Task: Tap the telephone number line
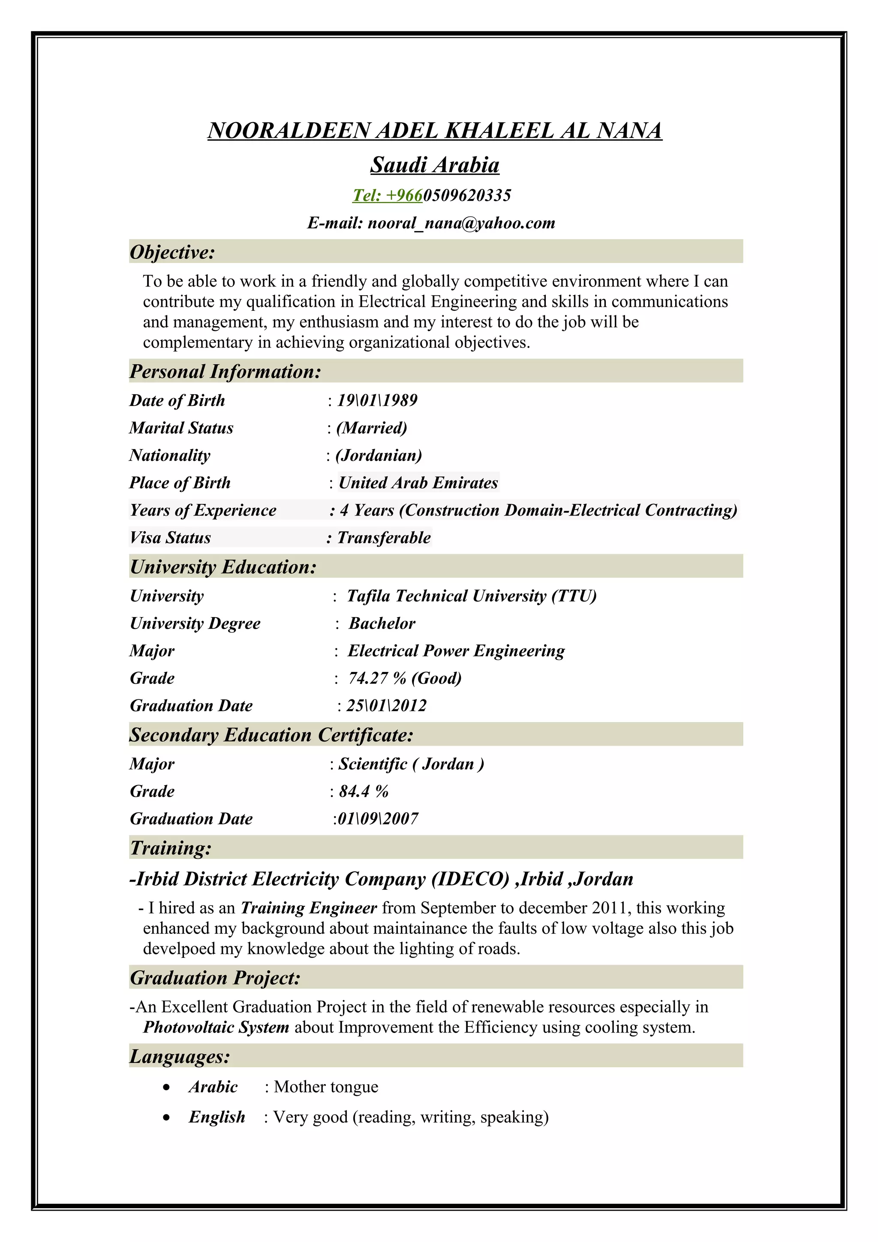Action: click(x=431, y=195)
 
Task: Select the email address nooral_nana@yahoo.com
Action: click(x=461, y=223)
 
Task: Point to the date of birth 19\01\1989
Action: click(x=377, y=400)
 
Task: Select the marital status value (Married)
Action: click(x=372, y=428)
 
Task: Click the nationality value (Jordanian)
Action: click(x=379, y=456)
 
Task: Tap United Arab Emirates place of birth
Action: click(x=418, y=483)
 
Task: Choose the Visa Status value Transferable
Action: click(x=384, y=538)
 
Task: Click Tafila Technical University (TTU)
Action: click(x=471, y=596)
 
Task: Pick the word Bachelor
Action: click(x=382, y=623)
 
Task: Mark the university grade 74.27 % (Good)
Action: click(x=405, y=678)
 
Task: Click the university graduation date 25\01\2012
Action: click(x=386, y=706)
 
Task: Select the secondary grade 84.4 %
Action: click(x=364, y=792)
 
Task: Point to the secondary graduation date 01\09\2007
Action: click(x=377, y=819)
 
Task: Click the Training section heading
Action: click(x=170, y=848)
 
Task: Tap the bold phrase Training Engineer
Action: click(x=308, y=908)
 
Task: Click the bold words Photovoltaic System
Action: click(x=216, y=1027)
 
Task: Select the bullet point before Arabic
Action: click(x=167, y=1087)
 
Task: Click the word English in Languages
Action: click(x=216, y=1117)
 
